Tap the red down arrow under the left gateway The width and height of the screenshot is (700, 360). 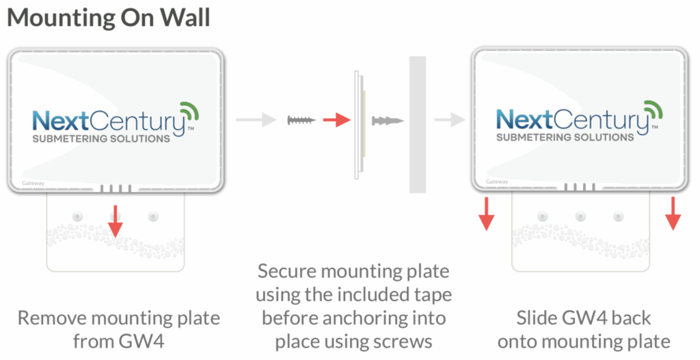click(115, 221)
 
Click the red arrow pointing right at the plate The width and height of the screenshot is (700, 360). click(336, 121)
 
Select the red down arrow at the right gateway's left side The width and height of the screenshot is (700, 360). click(486, 213)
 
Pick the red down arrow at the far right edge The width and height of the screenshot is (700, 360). click(673, 213)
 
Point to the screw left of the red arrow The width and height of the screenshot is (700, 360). click(301, 121)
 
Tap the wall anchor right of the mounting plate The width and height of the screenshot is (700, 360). click(388, 121)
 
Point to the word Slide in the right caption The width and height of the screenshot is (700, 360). click(536, 318)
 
